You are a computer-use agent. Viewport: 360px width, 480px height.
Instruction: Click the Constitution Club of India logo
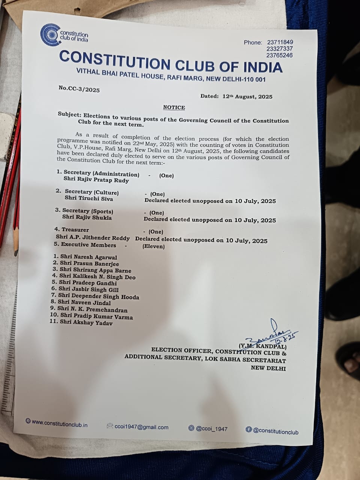click(x=50, y=35)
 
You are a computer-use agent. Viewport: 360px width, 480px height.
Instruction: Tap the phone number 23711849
click(x=280, y=42)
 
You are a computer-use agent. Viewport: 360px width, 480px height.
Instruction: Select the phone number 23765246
click(x=279, y=55)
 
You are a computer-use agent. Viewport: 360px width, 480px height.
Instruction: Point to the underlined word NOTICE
click(x=174, y=108)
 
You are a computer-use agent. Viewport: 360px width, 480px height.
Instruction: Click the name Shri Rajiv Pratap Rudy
click(x=96, y=180)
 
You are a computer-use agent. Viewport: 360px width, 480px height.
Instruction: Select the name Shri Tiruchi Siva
click(x=89, y=198)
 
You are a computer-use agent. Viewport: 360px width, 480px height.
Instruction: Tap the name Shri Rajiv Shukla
click(x=87, y=217)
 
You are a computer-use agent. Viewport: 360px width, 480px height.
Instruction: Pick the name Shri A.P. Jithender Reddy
click(x=93, y=238)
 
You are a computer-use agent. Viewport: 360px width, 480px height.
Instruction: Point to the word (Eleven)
click(x=153, y=246)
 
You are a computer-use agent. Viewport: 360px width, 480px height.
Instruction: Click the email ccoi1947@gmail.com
click(x=141, y=427)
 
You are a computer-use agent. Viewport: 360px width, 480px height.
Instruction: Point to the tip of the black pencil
click(x=16, y=250)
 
